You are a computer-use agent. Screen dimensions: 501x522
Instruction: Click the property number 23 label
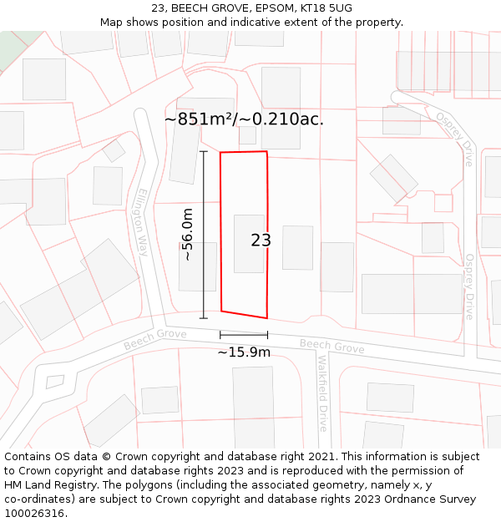click(261, 241)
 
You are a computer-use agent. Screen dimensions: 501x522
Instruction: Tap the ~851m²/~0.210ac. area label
click(244, 119)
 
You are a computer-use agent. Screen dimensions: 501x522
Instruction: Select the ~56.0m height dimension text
click(188, 235)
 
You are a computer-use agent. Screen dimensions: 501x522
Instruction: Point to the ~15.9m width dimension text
click(244, 352)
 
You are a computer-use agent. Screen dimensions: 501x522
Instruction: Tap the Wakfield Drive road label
click(322, 393)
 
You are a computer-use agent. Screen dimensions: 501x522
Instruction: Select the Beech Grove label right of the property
click(331, 346)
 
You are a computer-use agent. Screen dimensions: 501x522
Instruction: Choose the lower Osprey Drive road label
click(469, 286)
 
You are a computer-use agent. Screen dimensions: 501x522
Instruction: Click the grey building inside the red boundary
click(249, 243)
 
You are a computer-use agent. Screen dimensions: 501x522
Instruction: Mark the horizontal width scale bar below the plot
click(244, 335)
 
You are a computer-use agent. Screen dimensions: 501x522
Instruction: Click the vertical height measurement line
click(204, 235)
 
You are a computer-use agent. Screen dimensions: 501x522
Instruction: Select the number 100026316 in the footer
click(34, 514)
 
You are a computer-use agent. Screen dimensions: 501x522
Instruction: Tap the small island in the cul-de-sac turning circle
click(54, 382)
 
